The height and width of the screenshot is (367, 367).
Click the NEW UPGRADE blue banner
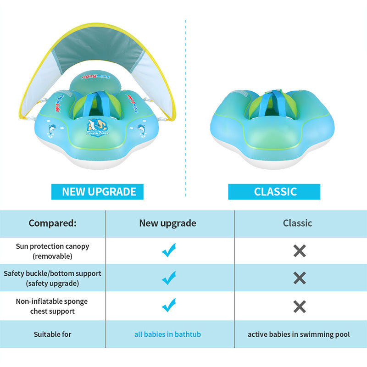coord(97,191)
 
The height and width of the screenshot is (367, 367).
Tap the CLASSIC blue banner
coord(274,191)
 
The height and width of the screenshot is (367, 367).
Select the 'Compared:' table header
coord(52,223)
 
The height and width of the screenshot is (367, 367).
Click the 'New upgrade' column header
coord(167,223)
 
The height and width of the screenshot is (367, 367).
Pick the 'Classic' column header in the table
coord(297,223)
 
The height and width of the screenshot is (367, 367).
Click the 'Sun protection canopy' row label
coord(52,251)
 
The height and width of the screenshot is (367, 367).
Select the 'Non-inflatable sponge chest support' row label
coord(52,306)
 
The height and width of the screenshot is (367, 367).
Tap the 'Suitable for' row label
coord(52,334)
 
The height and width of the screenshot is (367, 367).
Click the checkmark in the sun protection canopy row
coord(169,250)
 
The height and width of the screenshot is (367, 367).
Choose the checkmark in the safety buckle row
coord(169,278)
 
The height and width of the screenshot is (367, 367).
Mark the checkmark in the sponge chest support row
coord(169,305)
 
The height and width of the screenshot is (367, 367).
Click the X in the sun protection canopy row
coord(300,251)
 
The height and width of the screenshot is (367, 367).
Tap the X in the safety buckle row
coord(300,278)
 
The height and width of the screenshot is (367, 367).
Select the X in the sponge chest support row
coord(300,306)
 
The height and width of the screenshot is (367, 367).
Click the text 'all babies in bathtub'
coord(167,334)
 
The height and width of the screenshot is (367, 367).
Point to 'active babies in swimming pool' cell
coord(299,334)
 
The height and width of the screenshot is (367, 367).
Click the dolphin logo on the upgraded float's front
coord(97,128)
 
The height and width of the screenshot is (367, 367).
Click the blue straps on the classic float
coord(272,103)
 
